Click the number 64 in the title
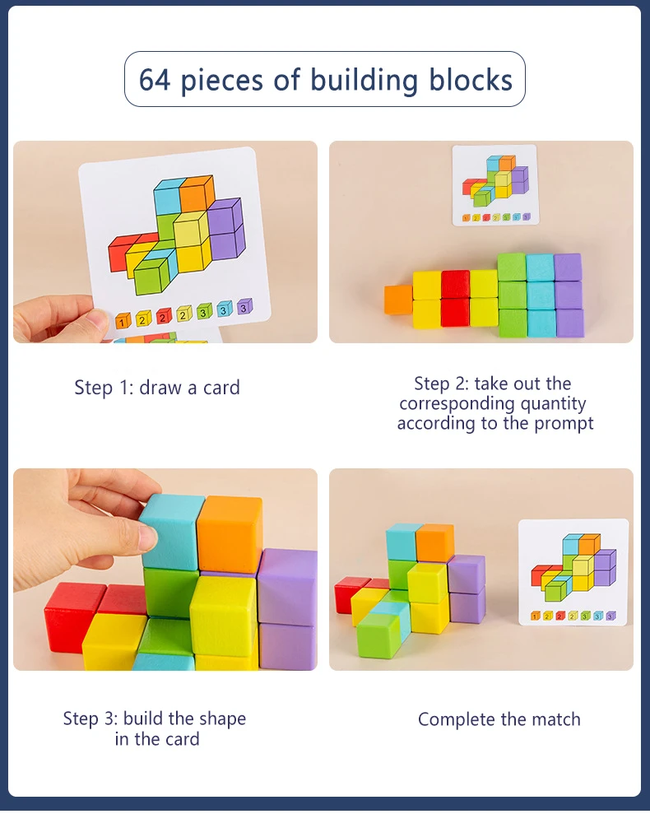[x=155, y=80]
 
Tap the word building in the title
[x=365, y=80]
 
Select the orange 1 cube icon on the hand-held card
[x=123, y=319]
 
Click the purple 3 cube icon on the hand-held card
[x=244, y=306]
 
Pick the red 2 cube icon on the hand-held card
[x=164, y=315]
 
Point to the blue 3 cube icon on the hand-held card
[x=224, y=309]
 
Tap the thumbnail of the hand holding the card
[x=165, y=241]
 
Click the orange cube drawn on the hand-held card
[x=197, y=194]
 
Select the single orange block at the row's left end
[x=398, y=300]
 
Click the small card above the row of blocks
[x=494, y=185]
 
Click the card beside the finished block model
[x=573, y=572]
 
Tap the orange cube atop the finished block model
[x=434, y=542]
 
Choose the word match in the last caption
[x=555, y=719]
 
